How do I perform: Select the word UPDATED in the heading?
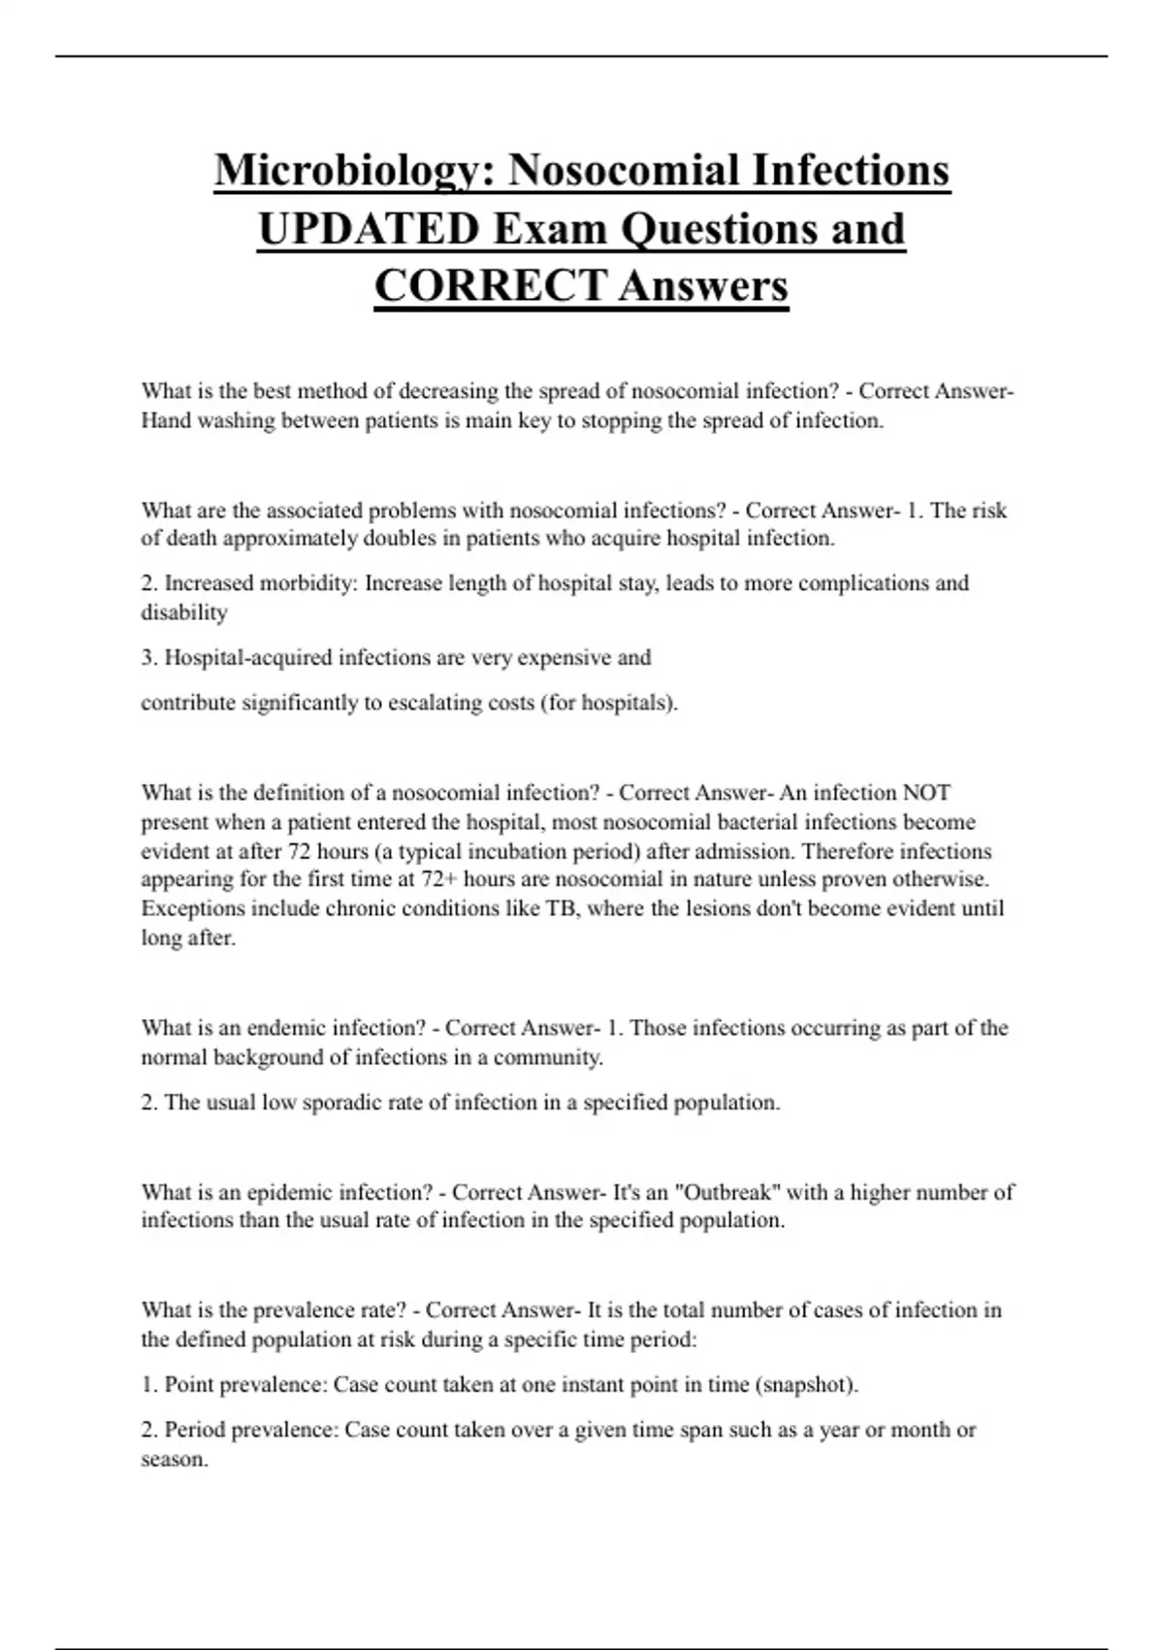[x=369, y=229]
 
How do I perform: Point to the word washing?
[x=236, y=420]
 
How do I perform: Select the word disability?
[x=184, y=612]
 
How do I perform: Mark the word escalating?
[x=433, y=703]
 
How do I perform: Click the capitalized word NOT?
[x=926, y=793]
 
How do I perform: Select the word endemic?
[x=286, y=1028]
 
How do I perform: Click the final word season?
[x=174, y=1459]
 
